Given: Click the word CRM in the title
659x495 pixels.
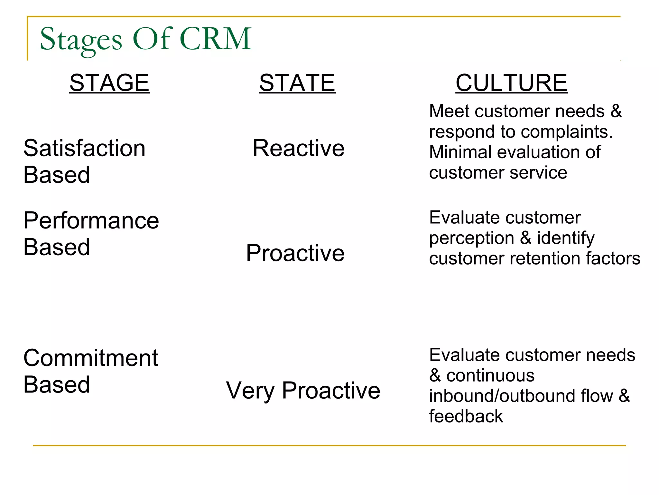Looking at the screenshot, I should (216, 39).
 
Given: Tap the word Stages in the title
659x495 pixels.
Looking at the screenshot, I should (81, 40).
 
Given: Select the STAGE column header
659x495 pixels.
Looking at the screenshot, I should (109, 83).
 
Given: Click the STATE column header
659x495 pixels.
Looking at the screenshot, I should (297, 83).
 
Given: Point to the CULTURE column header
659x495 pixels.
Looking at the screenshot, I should (511, 83).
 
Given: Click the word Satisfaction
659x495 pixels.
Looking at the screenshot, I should (84, 148).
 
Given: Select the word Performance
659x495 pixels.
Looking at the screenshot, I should (91, 221).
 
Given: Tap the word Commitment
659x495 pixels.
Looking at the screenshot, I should (91, 358).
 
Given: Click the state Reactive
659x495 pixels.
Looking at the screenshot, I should (298, 148).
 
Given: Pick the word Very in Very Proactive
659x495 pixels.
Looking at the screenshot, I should (250, 391).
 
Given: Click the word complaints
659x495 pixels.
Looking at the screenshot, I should (567, 132).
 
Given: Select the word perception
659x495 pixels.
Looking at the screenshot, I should (471, 238).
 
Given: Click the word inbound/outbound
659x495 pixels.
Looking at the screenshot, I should (521, 396).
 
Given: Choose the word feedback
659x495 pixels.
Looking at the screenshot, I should (466, 416).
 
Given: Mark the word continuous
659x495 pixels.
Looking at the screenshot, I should (490, 376).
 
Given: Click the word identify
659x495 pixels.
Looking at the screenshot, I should (566, 238).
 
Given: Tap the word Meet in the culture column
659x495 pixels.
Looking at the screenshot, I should (449, 111).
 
